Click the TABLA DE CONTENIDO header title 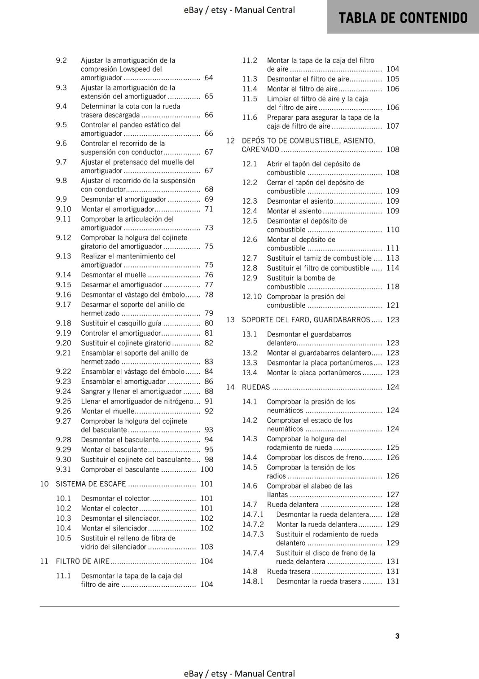click(403, 18)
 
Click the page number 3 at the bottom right click(397, 636)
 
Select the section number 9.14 click(64, 275)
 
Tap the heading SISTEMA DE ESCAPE click(91, 484)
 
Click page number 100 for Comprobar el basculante click(206, 469)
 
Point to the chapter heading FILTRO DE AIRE click(83, 561)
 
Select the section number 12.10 click(252, 296)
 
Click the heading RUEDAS click(256, 387)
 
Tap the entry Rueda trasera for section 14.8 click(289, 572)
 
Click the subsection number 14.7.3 click(253, 534)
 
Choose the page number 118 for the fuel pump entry click(393, 286)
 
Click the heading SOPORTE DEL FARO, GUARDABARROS click(306, 320)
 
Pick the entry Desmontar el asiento click(300, 201)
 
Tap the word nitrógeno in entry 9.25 click(178, 401)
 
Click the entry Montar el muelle click(108, 411)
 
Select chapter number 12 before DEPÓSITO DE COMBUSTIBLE click(230, 140)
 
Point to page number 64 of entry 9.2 click(209, 78)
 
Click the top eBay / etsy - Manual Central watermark click(239, 10)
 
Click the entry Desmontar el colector click(115, 498)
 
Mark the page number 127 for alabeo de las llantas click(393, 494)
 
